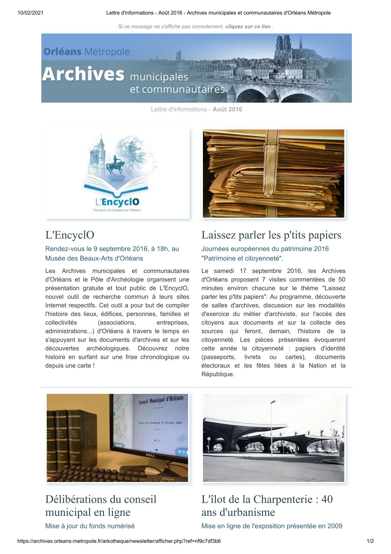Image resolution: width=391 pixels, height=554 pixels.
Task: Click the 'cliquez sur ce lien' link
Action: (x=248, y=27)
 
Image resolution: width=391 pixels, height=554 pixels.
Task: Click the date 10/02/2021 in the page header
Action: (x=30, y=13)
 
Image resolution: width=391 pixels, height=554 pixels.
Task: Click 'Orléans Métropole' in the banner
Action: (x=86, y=52)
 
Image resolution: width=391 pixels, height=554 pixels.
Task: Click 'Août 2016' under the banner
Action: (x=227, y=109)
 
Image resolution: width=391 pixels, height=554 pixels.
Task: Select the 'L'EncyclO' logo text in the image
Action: (x=117, y=202)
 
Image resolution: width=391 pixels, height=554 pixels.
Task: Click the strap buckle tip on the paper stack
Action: (x=269, y=191)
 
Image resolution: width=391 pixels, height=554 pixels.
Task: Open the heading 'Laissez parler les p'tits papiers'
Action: (x=271, y=235)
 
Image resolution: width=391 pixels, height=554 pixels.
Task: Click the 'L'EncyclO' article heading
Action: (x=70, y=235)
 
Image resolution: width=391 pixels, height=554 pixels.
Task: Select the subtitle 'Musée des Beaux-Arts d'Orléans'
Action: (x=94, y=258)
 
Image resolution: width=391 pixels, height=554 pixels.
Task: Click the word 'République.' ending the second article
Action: (x=218, y=374)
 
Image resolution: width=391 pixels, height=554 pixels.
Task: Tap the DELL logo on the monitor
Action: (x=149, y=455)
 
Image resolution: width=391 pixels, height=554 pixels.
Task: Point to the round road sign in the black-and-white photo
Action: (x=209, y=439)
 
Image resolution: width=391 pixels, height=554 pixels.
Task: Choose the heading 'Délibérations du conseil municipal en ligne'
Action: (x=101, y=506)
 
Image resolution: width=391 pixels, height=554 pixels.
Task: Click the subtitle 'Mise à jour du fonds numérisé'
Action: (x=90, y=526)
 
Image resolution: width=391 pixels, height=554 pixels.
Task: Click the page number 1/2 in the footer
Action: (x=370, y=541)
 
